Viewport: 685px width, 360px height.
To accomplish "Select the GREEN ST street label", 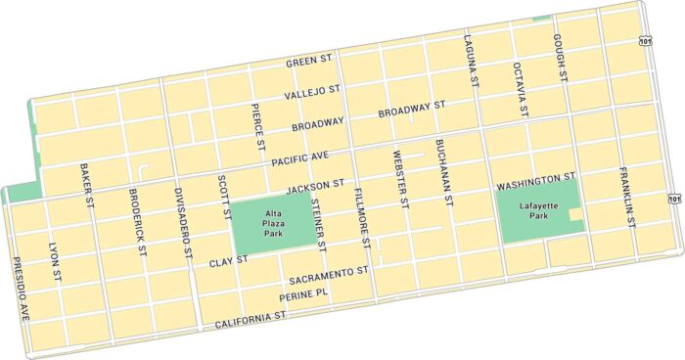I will coord(312,63).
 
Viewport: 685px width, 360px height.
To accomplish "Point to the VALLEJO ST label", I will coord(311,94).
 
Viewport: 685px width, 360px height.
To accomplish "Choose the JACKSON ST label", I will coord(315,184).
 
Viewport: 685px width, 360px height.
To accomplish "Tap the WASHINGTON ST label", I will coord(534,182).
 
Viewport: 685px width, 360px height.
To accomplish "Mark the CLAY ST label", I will coord(229,262).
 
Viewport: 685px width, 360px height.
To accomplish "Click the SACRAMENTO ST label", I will coord(327,273).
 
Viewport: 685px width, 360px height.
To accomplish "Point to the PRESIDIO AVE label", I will coord(21,290).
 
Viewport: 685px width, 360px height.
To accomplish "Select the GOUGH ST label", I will coord(560,55).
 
